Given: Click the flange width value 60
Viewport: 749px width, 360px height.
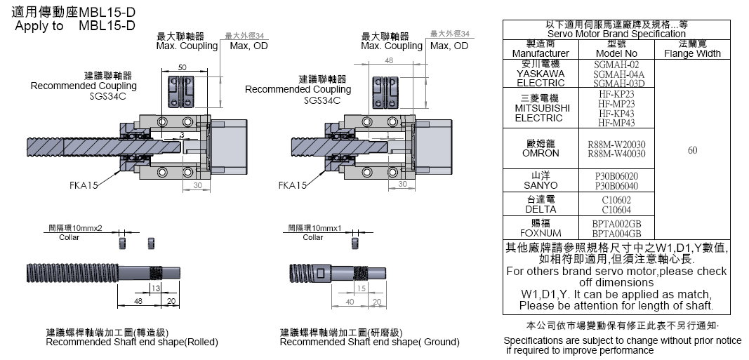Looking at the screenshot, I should point(692,149).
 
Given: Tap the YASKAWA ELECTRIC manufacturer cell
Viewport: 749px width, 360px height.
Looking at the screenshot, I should point(540,73).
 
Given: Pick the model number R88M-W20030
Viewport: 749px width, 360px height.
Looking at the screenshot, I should point(616,144).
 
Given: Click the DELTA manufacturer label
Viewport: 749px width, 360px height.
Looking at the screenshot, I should point(540,209).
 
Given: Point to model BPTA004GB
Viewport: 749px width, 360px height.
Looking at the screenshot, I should point(616,234).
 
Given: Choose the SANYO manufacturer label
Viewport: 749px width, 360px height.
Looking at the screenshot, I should point(540,185).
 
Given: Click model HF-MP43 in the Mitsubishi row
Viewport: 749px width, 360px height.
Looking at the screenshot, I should point(616,123).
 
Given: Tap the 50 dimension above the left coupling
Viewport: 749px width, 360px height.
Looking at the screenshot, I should point(182,67).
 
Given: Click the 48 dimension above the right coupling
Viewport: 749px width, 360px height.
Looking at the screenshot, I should point(387,61).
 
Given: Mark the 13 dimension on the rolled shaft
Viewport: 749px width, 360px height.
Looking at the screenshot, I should point(155,288).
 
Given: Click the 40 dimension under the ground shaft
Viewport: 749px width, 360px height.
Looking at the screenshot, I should point(350,302).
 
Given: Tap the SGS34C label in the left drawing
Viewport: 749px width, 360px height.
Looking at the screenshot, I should point(107,95).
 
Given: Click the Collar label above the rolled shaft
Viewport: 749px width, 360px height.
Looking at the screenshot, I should point(69,237).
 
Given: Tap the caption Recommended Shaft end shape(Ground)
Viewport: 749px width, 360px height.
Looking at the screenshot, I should point(369,342).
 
